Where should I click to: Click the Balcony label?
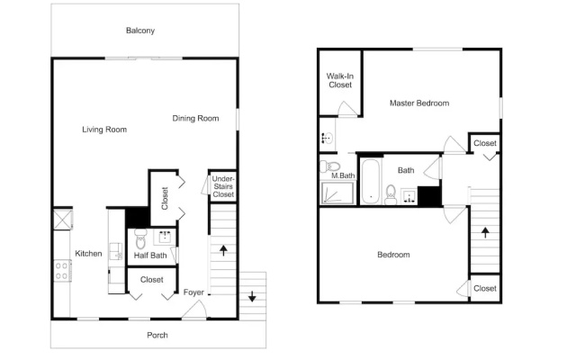click(140, 31)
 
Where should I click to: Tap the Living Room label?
click(104, 130)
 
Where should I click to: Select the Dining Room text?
click(195, 118)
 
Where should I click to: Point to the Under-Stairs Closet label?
click(223, 186)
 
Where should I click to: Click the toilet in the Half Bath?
click(140, 238)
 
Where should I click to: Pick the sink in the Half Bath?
click(164, 238)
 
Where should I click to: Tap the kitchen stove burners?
click(62, 271)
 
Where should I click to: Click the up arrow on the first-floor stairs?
click(223, 250)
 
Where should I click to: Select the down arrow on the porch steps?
click(252, 296)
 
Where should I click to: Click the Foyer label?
click(193, 292)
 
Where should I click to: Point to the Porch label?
click(157, 335)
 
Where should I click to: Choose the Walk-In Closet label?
click(340, 80)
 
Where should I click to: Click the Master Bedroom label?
click(419, 103)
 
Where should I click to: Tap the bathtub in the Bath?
click(371, 181)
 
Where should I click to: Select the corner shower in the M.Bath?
click(337, 193)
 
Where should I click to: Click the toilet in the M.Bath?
click(329, 166)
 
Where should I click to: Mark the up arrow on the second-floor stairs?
click(485, 232)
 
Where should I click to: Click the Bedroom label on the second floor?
click(393, 255)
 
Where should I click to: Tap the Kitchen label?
click(88, 254)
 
